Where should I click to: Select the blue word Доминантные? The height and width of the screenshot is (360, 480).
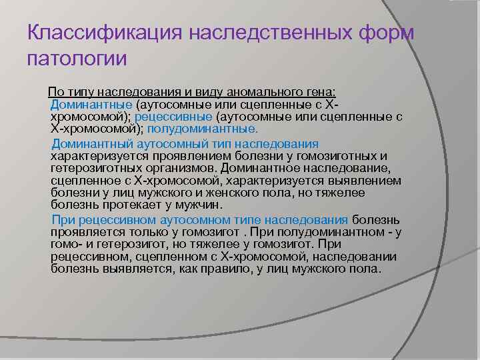(x=91, y=105)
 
